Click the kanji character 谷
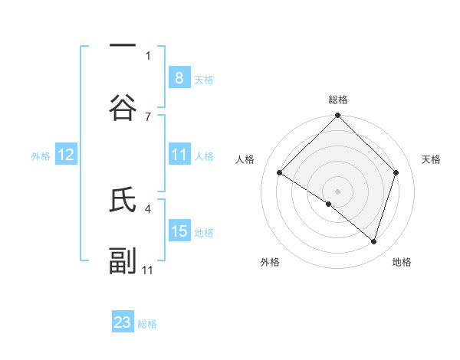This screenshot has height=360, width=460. [123, 108]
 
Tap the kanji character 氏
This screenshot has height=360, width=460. [123, 201]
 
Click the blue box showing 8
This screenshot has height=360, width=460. [179, 78]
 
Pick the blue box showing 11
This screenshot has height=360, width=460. [179, 155]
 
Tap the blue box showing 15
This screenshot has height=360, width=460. [179, 231]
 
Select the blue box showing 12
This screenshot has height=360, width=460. [66, 155]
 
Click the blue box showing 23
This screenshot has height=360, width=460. [123, 322]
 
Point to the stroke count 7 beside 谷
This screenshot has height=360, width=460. [148, 116]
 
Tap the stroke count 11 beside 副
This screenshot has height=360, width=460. [148, 270]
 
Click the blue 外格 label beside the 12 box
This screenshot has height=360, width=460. [41, 155]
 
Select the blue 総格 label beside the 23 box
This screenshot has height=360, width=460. [147, 324]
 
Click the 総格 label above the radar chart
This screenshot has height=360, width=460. [338, 100]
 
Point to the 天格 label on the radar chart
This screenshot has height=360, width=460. [432, 159]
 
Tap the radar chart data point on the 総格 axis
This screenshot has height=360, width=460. [338, 116]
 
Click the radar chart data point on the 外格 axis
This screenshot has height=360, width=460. [329, 204]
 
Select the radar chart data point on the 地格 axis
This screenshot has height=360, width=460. [374, 241]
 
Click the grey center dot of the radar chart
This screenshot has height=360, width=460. [338, 191]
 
